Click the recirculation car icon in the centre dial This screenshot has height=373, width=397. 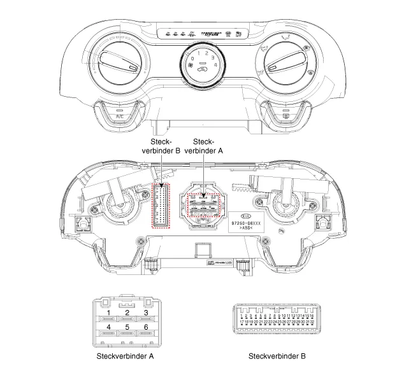tap(203, 72)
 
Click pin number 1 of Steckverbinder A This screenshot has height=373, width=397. tap(110, 312)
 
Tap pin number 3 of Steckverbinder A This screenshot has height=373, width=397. tap(146, 312)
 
